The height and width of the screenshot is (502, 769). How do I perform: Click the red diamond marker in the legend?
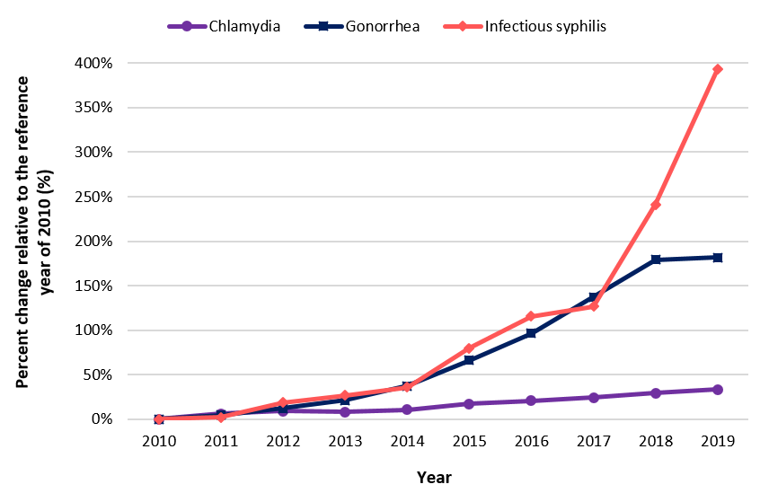(463, 26)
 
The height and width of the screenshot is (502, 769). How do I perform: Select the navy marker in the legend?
(323, 26)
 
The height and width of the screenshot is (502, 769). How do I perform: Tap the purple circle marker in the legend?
(187, 26)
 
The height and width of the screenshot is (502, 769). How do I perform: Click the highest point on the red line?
(717, 69)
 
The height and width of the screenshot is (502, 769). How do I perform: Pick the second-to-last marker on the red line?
(655, 205)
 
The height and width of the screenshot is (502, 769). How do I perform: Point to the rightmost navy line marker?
(717, 258)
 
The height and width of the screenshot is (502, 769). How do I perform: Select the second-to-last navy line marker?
(655, 260)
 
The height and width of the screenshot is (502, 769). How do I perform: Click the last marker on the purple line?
(717, 390)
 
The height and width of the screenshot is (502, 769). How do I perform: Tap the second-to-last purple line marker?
(655, 393)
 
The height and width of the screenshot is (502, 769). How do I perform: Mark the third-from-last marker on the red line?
(593, 306)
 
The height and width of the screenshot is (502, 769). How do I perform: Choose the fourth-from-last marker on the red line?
(530, 316)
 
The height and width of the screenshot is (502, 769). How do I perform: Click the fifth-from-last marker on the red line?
(468, 348)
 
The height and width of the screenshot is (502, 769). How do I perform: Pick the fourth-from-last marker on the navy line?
(530, 333)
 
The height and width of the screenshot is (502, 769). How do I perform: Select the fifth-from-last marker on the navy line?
(468, 360)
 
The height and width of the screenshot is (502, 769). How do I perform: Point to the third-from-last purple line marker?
(593, 398)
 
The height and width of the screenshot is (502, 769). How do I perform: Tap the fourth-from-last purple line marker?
(530, 401)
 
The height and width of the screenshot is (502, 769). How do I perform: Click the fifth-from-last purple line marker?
(468, 404)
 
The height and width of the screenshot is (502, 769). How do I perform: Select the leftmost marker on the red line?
(159, 419)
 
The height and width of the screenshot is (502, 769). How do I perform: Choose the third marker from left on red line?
(282, 402)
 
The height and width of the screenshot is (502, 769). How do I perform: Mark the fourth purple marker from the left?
(345, 412)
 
